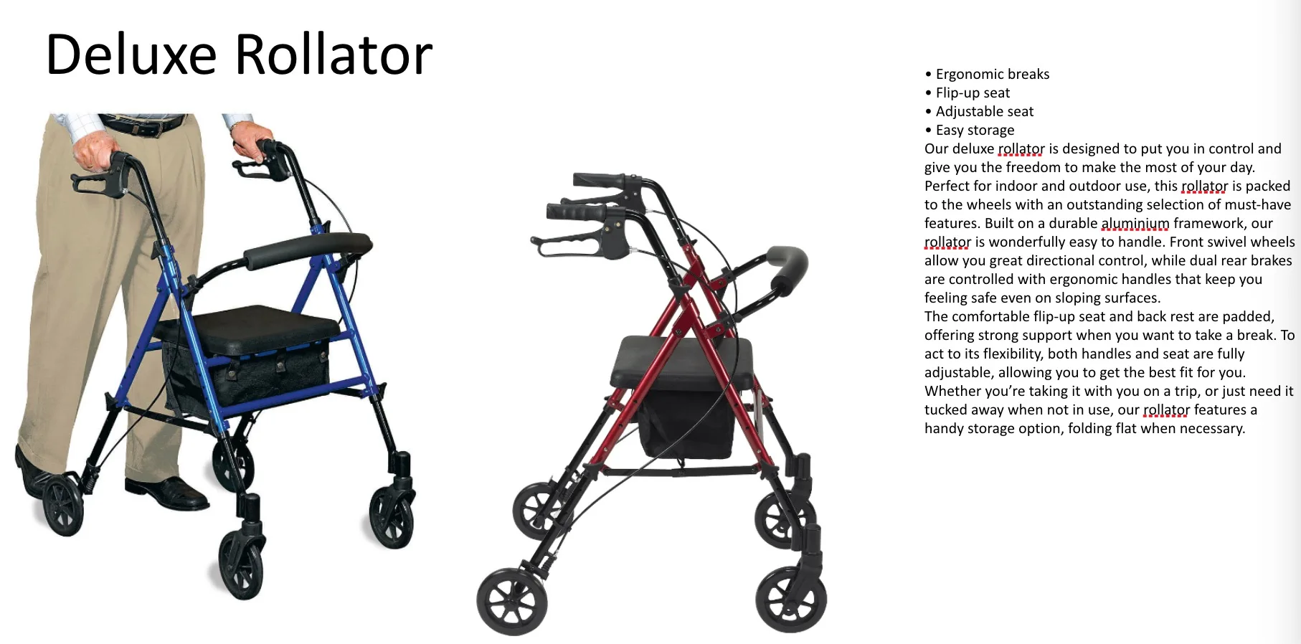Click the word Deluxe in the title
coord(131,55)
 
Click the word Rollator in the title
coord(333,55)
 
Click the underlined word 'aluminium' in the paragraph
coord(1135,224)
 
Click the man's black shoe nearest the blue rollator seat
coord(169,492)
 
